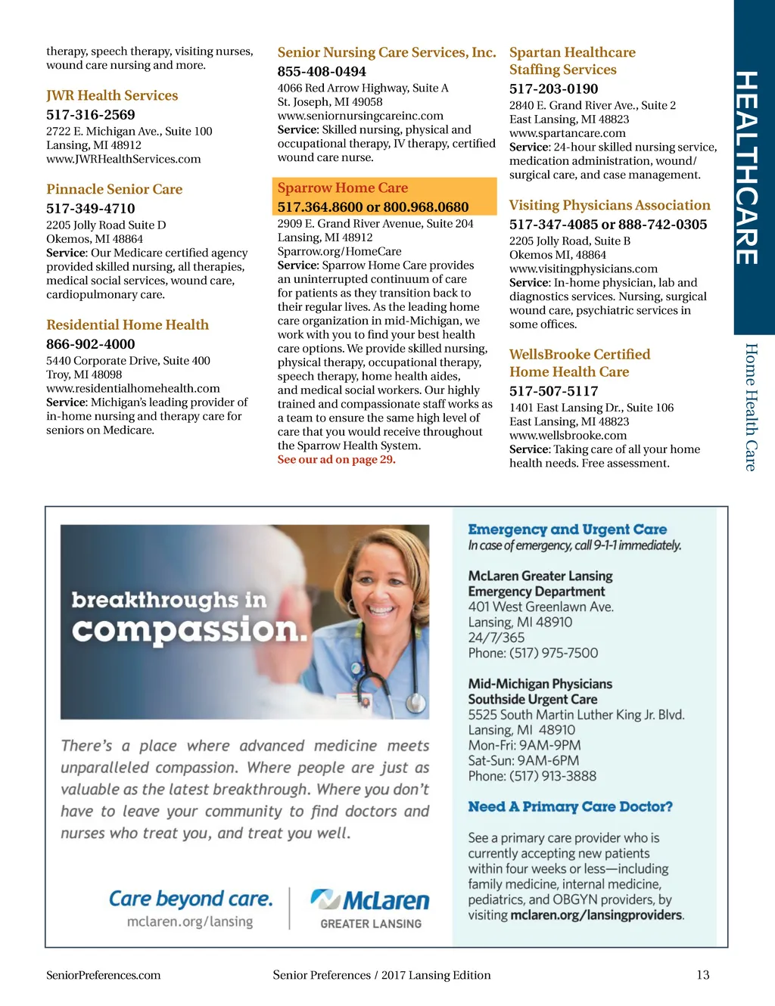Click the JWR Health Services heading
point(112,95)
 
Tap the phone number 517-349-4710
point(91,208)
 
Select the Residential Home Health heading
point(127,324)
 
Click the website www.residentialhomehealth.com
point(133,388)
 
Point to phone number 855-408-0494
point(322,71)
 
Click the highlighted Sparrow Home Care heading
point(343,188)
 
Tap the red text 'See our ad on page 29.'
point(336,459)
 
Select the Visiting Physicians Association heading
point(609,205)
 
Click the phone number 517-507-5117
point(553,391)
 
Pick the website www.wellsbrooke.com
point(568,435)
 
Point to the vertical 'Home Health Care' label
point(751,407)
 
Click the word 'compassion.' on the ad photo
point(190,630)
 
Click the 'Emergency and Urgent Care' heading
point(567,529)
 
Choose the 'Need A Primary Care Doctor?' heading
point(570,806)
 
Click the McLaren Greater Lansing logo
point(370,908)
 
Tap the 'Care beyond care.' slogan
point(190,899)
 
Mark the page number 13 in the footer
point(702,975)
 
